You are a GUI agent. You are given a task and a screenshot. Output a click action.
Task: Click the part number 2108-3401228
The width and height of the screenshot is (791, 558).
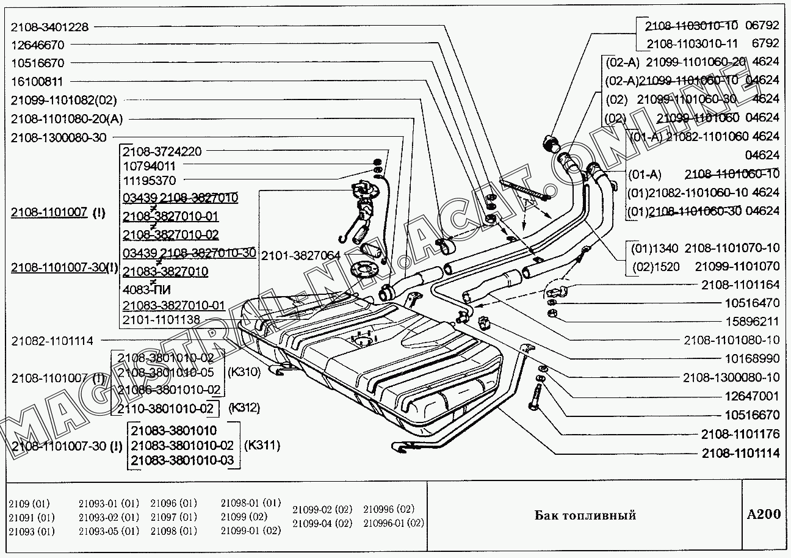tap(49, 27)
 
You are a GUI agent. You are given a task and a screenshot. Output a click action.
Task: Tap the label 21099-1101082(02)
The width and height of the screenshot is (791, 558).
tap(63, 100)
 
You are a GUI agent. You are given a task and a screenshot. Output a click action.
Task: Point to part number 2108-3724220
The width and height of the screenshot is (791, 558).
tap(162, 151)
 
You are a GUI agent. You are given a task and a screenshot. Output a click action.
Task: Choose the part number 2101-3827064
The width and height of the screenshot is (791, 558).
tap(300, 255)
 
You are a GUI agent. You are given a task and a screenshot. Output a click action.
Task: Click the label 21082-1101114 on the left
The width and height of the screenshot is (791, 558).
tap(52, 341)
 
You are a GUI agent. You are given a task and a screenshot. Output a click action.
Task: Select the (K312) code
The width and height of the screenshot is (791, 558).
tap(244, 408)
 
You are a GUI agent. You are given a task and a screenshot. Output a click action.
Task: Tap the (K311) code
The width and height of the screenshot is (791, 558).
tap(262, 445)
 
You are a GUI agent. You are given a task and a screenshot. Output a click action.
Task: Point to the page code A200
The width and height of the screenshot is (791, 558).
tap(764, 514)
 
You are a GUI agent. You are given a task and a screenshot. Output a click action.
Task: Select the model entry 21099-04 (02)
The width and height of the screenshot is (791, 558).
tap(322, 523)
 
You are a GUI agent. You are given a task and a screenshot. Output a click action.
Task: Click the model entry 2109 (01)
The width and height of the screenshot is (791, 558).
tap(29, 504)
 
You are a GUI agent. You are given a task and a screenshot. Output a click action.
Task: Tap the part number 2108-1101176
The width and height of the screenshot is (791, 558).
tap(740, 434)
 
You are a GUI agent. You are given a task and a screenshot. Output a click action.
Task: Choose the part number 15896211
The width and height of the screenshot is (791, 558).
tap(752, 321)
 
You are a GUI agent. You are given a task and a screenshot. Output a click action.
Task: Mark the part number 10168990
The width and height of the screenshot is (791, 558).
tap(752, 358)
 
